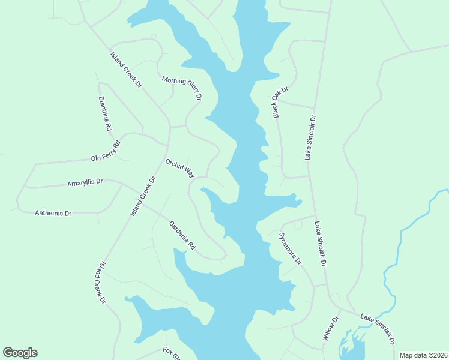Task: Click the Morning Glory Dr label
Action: point(182,88)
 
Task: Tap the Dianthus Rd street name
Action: point(105,113)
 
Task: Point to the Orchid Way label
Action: point(180,168)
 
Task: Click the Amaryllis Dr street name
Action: point(85,182)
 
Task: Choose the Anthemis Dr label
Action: point(53,213)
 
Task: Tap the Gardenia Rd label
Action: point(182,235)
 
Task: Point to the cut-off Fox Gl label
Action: point(172,353)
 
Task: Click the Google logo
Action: point(20,353)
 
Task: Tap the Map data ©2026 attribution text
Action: point(423,355)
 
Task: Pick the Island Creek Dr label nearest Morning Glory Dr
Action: point(125,70)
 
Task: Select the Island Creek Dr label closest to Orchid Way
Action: point(143,197)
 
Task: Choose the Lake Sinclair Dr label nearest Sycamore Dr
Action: point(320,244)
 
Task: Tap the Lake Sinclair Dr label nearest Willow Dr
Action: point(377,327)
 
